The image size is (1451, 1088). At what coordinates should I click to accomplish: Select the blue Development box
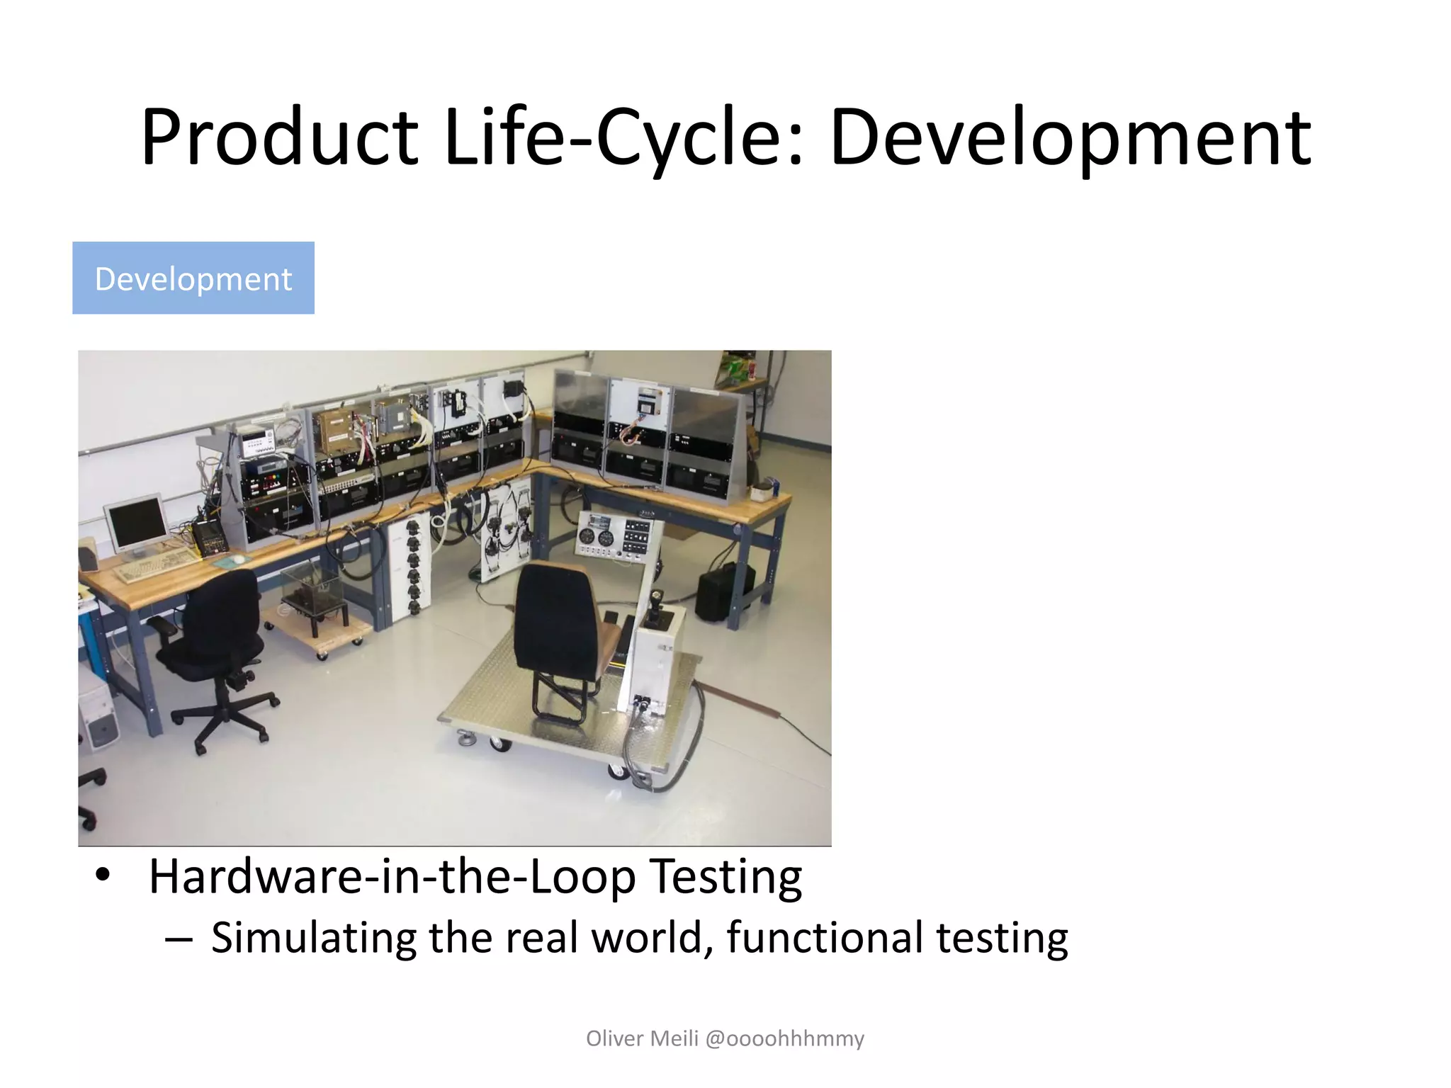(x=193, y=278)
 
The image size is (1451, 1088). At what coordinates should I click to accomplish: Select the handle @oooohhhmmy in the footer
(x=785, y=1038)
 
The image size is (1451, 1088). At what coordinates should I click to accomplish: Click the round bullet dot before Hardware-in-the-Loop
(x=103, y=875)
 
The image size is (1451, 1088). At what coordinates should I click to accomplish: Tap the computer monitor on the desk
(x=136, y=525)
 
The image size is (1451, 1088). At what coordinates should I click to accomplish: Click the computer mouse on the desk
(x=239, y=559)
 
